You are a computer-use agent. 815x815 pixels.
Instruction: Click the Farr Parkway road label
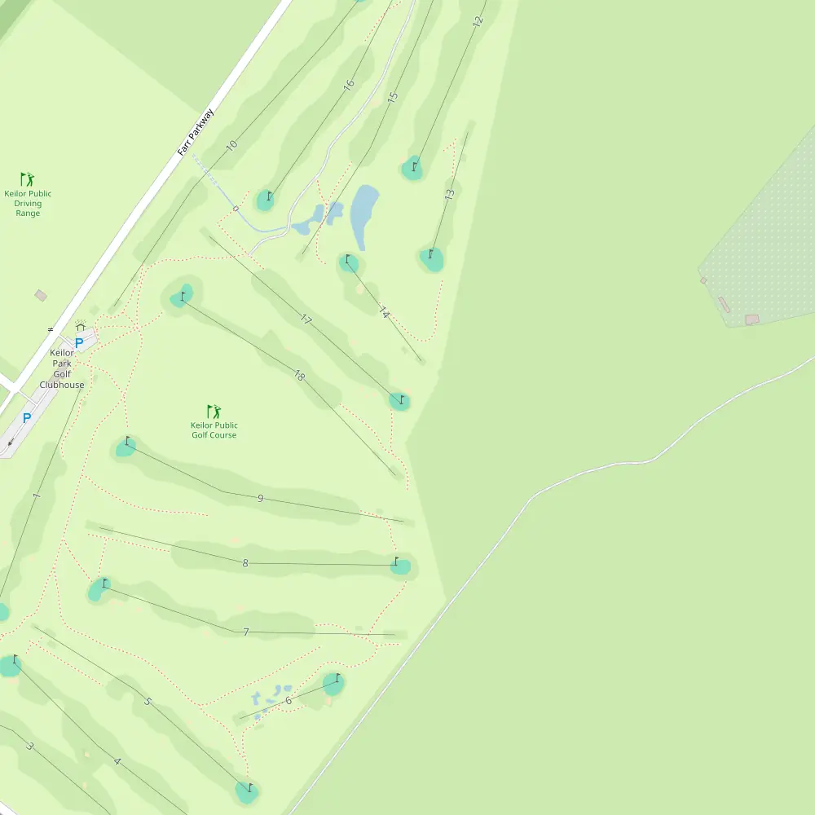(x=196, y=132)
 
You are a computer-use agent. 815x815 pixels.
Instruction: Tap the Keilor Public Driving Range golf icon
(x=28, y=178)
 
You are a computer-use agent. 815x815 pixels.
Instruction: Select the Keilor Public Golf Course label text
(x=214, y=430)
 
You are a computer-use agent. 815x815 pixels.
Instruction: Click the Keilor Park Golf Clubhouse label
(x=62, y=369)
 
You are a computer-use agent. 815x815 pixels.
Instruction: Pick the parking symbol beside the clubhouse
(x=79, y=343)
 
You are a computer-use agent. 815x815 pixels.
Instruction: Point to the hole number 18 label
(x=299, y=375)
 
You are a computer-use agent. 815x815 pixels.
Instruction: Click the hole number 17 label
(x=306, y=319)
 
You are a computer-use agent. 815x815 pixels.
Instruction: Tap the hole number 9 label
(x=260, y=498)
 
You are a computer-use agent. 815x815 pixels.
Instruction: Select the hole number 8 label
(x=244, y=563)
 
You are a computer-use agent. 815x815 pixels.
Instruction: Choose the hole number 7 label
(x=245, y=632)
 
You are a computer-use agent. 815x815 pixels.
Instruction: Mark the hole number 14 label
(x=385, y=312)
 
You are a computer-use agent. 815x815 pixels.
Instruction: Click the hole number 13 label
(x=449, y=196)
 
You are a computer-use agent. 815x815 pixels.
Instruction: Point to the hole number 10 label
(x=231, y=146)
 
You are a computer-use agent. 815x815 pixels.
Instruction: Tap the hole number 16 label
(x=349, y=84)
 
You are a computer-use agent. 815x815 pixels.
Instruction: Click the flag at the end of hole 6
(x=337, y=677)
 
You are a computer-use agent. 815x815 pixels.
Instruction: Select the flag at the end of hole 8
(x=397, y=561)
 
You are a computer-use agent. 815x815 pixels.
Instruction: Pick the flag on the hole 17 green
(x=402, y=399)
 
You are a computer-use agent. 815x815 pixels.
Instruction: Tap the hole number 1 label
(x=36, y=496)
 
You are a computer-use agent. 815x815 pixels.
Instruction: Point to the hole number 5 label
(x=148, y=701)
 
